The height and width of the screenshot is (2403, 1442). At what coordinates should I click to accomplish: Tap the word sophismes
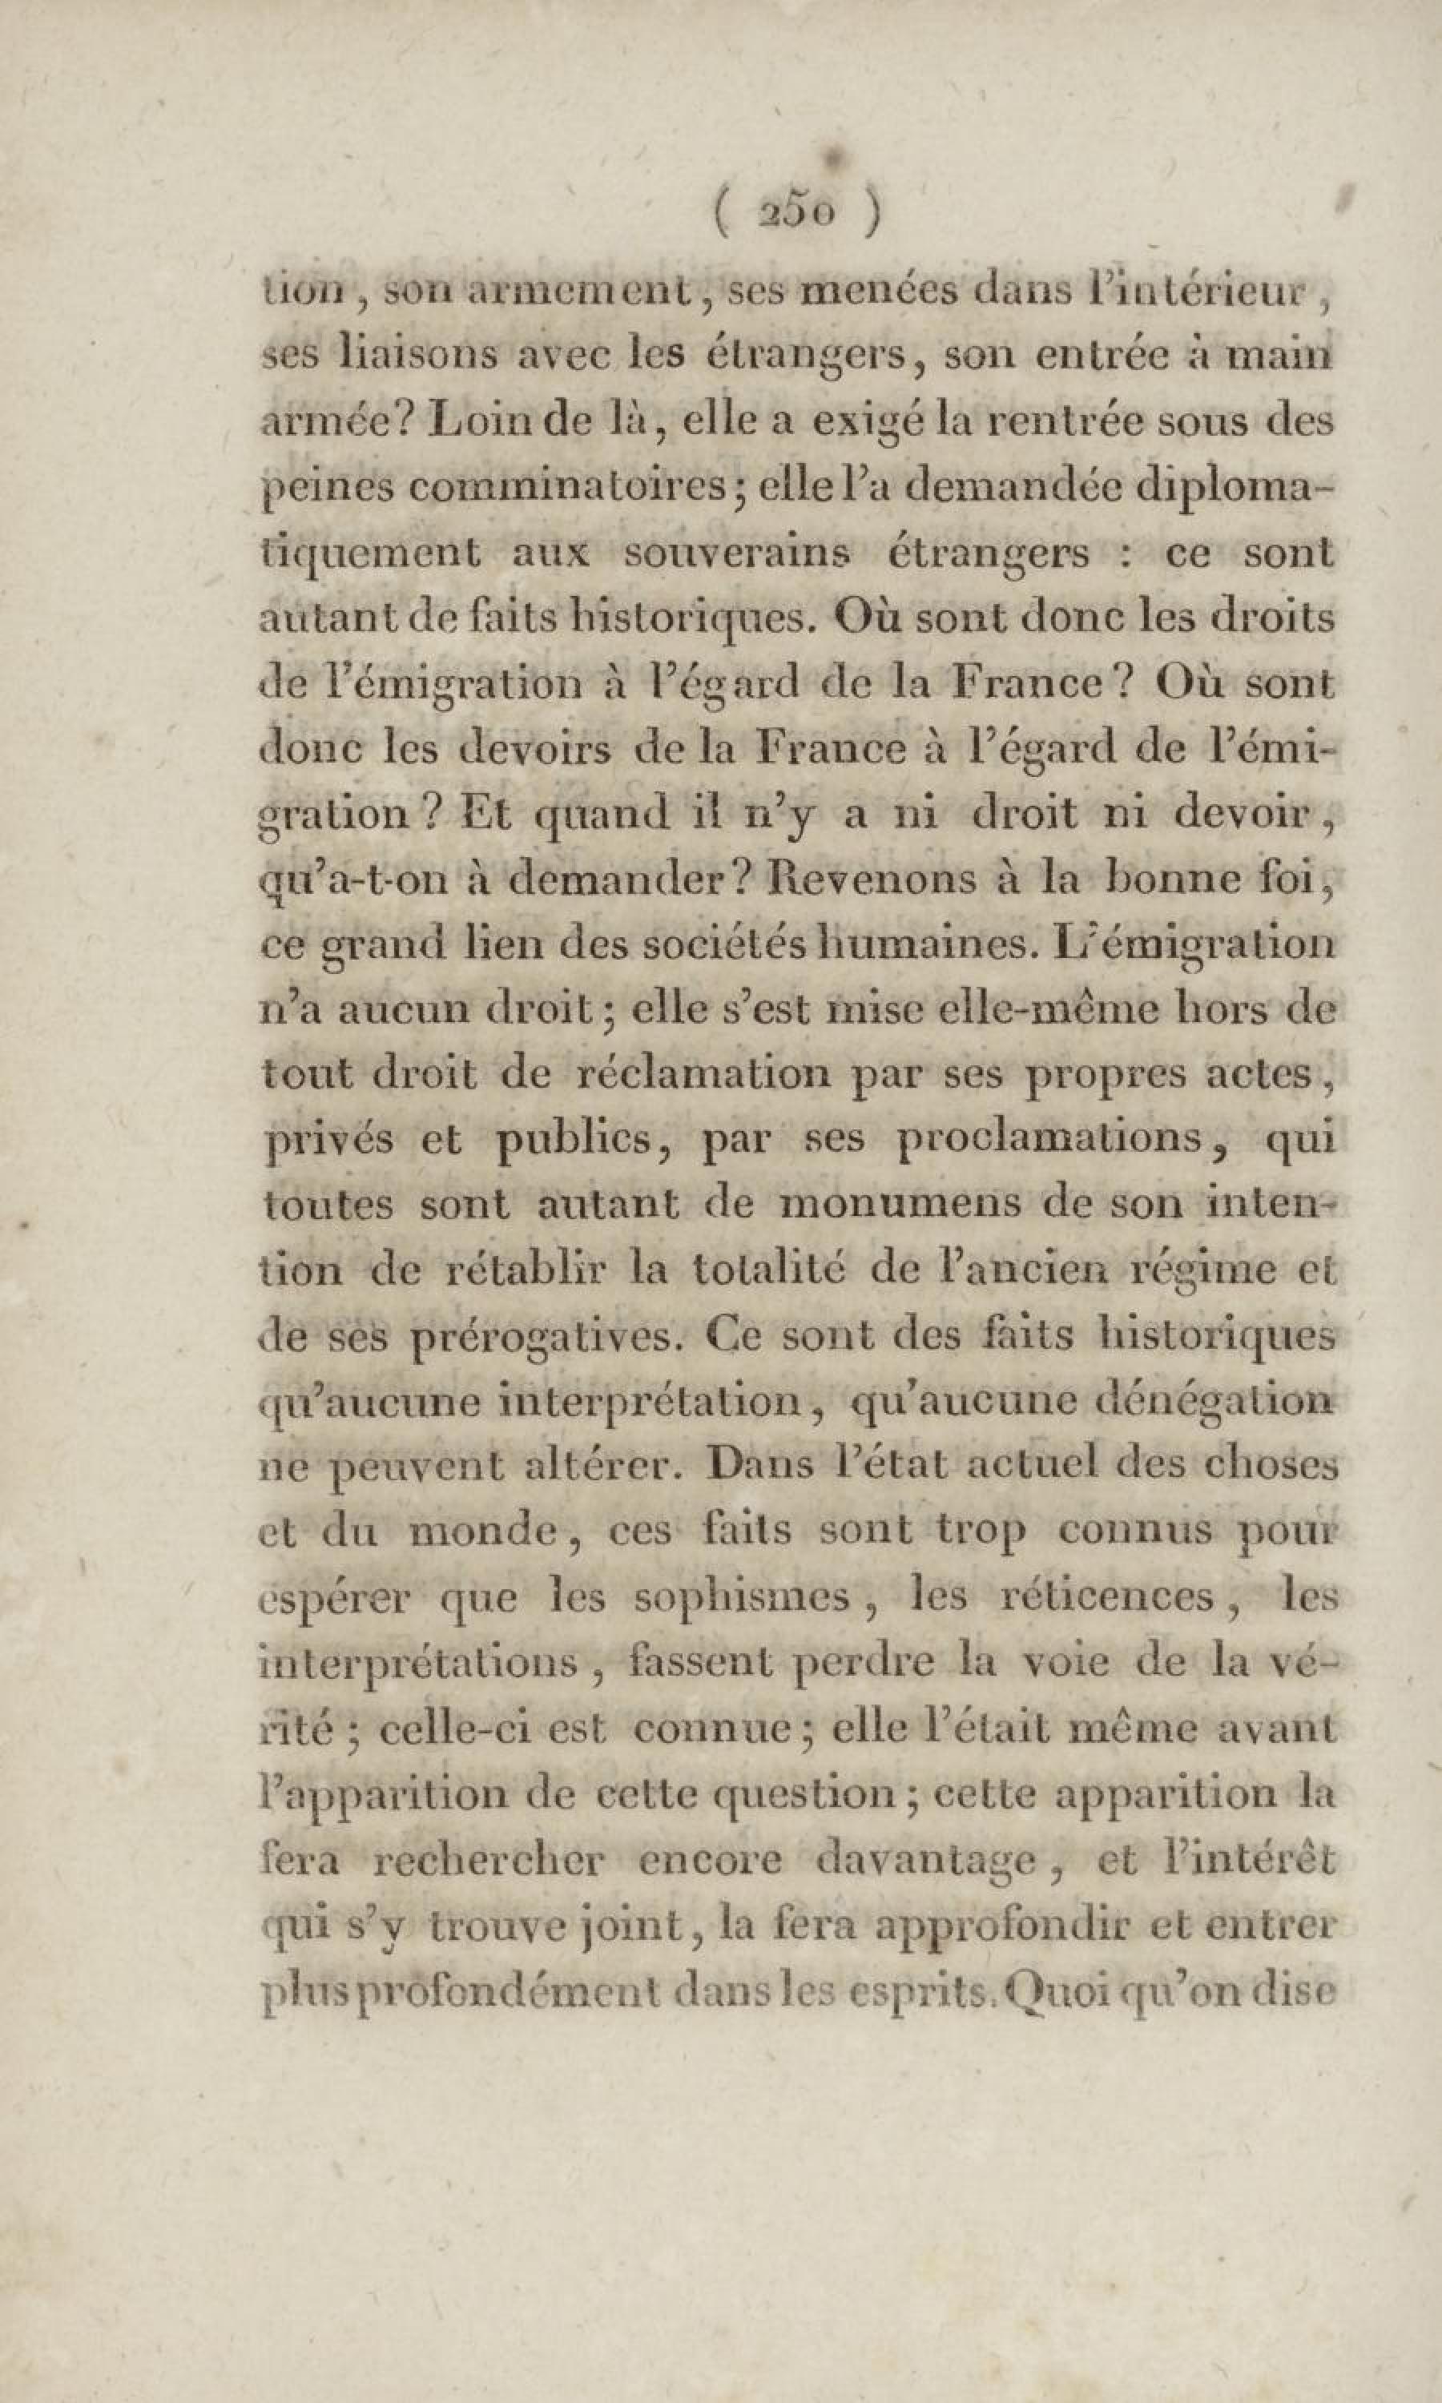(x=741, y=1597)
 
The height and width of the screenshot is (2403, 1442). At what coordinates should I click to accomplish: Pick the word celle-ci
(x=446, y=1728)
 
